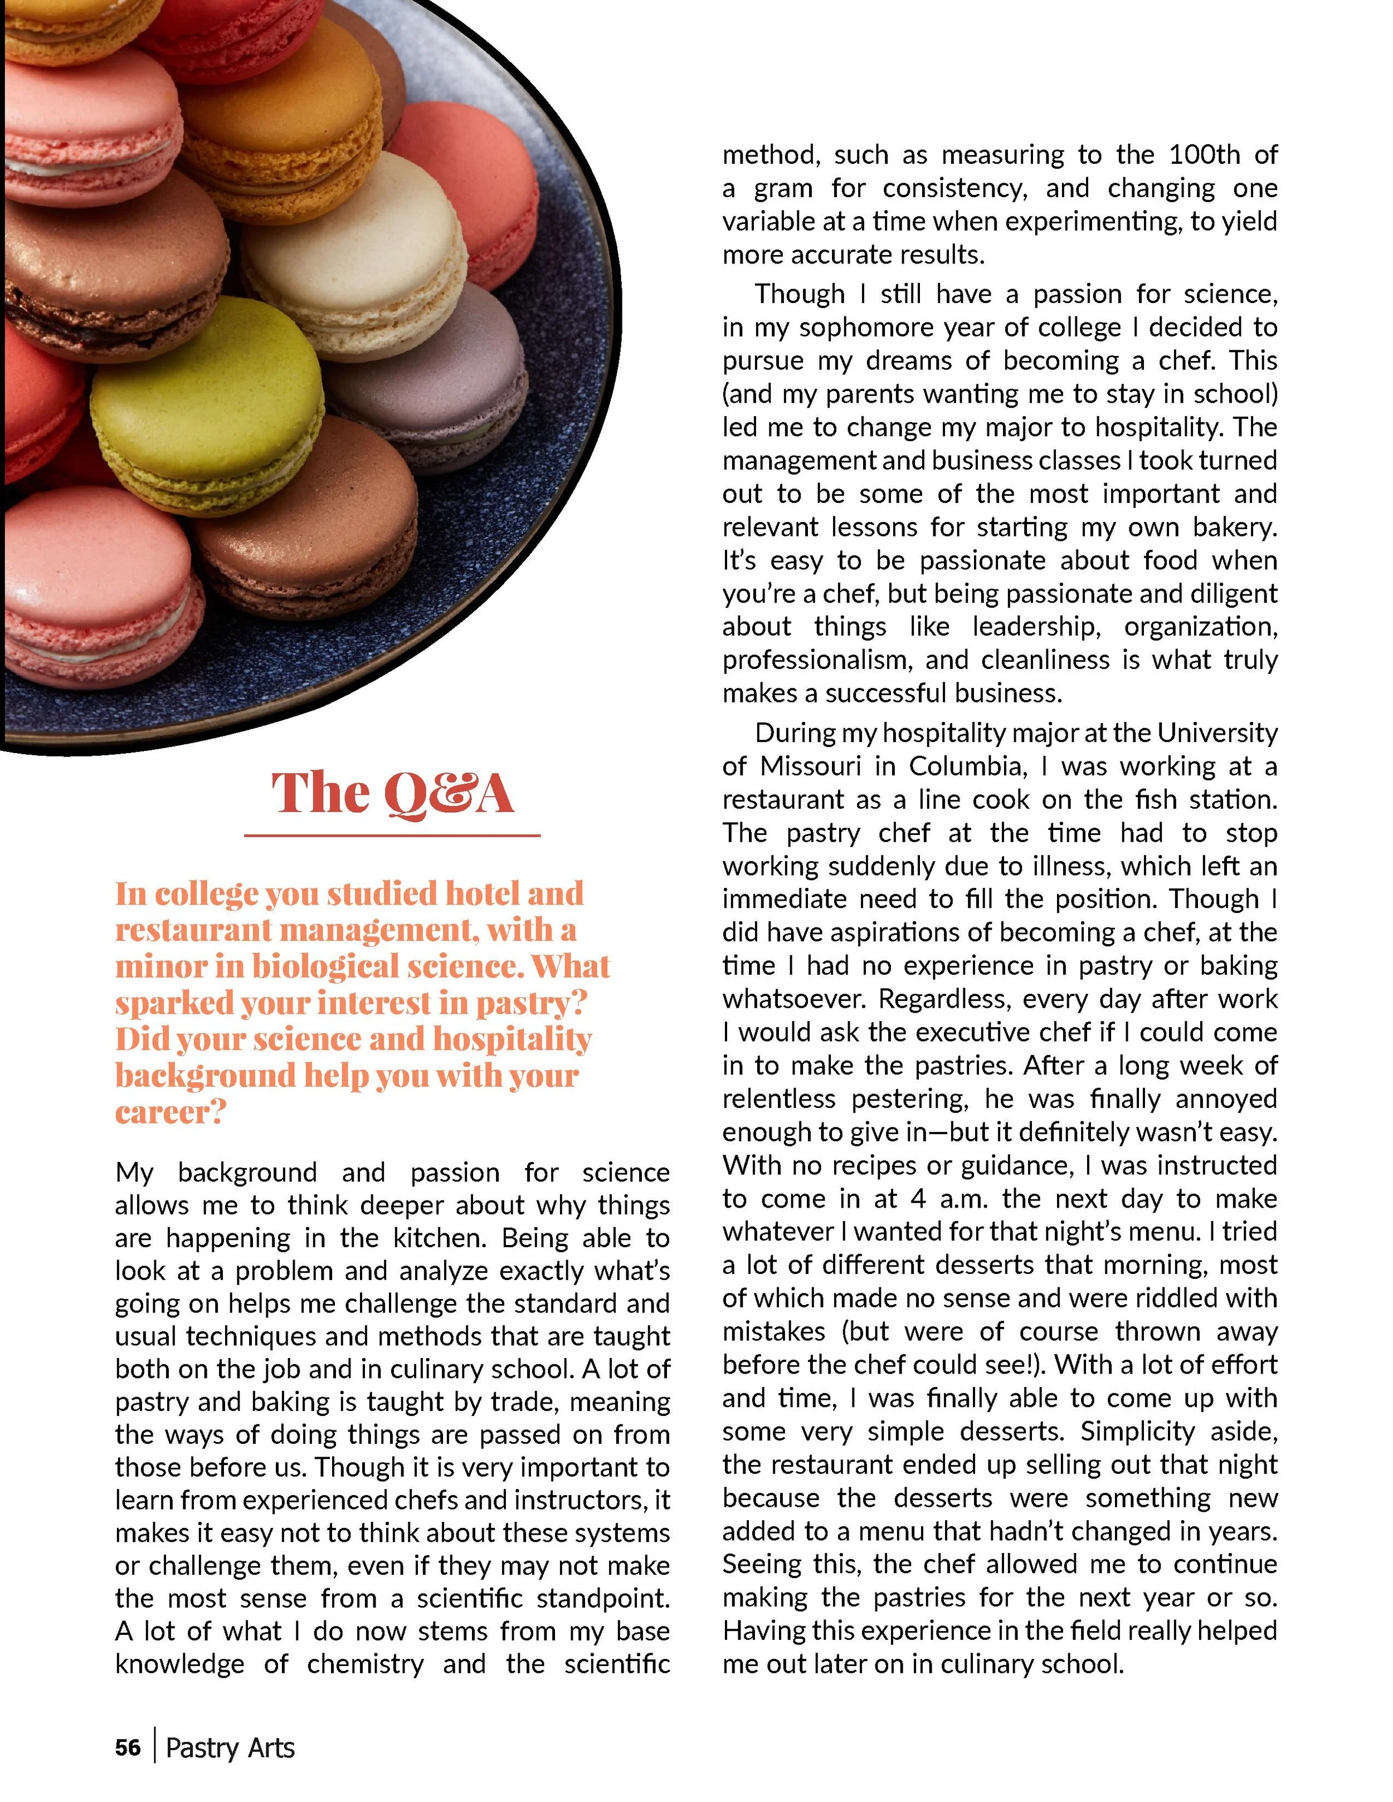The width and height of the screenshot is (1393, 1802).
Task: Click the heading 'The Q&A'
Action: pos(393,794)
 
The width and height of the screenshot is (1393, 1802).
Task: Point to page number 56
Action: pos(128,1747)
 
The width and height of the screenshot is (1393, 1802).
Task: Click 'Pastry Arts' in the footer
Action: pos(230,1747)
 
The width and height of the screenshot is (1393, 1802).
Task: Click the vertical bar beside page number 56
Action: pos(154,1747)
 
